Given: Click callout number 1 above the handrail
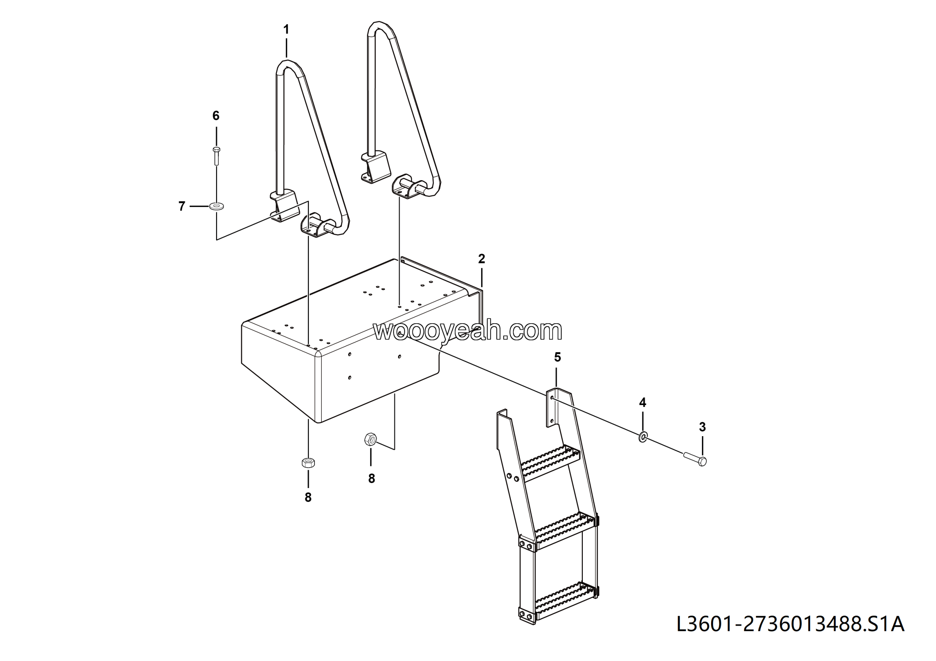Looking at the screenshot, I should [x=286, y=29].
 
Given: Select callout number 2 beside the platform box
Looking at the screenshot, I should [x=482, y=259].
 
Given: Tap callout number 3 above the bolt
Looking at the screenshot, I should [x=702, y=427].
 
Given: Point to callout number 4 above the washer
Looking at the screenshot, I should [x=642, y=403].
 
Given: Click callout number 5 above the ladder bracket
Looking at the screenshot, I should [x=557, y=358].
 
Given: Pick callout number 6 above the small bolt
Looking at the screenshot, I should [x=216, y=116].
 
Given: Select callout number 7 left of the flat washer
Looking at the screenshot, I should [x=182, y=206].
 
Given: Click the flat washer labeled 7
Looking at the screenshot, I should [x=216, y=206].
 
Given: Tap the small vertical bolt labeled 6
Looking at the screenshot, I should [x=216, y=156].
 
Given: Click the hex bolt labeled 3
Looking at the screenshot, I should [x=695, y=459].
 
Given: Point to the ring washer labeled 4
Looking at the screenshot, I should [x=642, y=438].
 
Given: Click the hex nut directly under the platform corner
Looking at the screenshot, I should [x=308, y=462].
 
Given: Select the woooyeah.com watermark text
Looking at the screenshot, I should [x=468, y=330].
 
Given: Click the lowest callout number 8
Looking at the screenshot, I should [x=308, y=498].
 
